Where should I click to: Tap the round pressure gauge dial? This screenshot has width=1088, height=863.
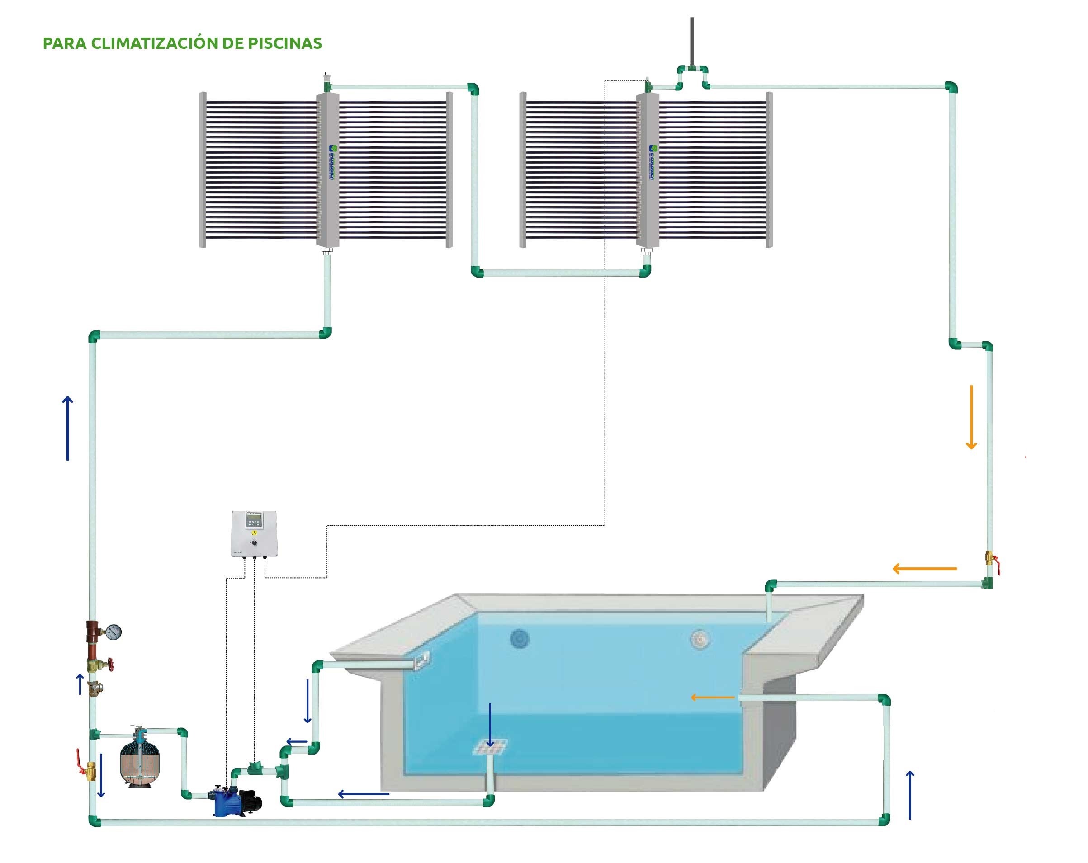tap(114, 632)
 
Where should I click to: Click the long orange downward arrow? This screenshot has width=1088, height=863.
tap(971, 417)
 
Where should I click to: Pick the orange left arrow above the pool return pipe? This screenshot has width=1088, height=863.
tap(924, 568)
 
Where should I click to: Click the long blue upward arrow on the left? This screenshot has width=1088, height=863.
tap(68, 428)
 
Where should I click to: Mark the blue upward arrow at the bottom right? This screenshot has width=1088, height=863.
tap(910, 795)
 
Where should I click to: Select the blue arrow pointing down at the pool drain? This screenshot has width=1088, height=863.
tap(489, 725)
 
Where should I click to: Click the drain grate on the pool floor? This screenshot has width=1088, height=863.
tap(489, 747)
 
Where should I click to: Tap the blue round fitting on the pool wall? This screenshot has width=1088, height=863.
tap(519, 639)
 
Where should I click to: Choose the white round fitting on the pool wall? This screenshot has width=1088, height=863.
tap(700, 640)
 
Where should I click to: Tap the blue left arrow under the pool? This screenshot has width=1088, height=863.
tap(363, 794)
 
